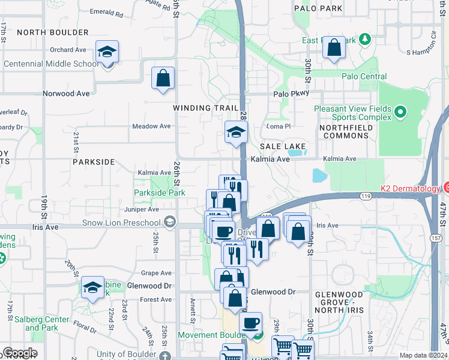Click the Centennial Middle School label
click(50, 64)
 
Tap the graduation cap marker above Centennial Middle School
click(107, 52)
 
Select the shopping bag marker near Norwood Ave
click(163, 79)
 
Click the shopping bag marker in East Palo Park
click(334, 48)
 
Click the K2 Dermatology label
click(411, 188)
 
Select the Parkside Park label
click(159, 193)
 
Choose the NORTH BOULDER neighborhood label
click(53, 32)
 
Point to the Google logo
click(20, 353)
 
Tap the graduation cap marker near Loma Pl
click(236, 132)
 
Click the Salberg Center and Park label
click(41, 324)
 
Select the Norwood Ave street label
click(66, 94)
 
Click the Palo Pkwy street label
click(291, 94)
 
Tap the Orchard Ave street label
click(68, 50)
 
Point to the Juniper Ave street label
click(142, 209)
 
